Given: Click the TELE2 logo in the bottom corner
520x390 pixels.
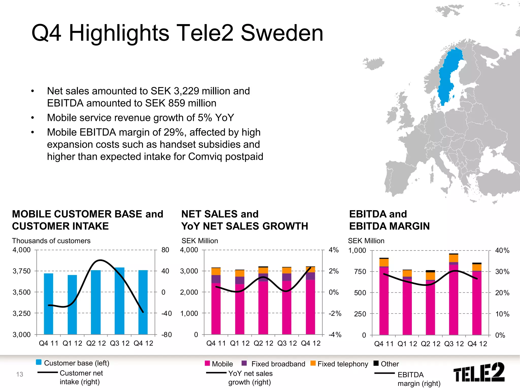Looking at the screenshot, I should (x=479, y=372).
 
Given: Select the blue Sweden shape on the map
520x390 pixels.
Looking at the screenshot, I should (x=448, y=76).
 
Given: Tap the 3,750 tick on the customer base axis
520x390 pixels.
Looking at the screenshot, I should (x=22, y=271).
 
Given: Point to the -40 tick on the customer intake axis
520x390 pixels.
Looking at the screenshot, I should (x=167, y=313).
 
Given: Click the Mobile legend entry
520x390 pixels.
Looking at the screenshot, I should (x=219, y=364).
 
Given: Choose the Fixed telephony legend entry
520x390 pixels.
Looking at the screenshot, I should (x=339, y=364).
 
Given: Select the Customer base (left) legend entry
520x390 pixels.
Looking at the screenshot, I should (x=73, y=363).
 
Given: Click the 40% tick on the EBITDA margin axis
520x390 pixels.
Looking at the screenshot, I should (x=502, y=251).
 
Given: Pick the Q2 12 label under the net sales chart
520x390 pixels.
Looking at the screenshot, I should (x=263, y=343).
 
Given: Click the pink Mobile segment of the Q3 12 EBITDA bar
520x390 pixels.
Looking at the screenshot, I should (x=453, y=300).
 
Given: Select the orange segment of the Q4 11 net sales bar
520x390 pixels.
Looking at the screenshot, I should (x=216, y=271).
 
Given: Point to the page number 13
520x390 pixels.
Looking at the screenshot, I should (x=20, y=374).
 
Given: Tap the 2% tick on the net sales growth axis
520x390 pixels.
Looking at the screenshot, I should (x=334, y=271).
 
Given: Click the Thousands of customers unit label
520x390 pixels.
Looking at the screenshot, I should (x=51, y=241).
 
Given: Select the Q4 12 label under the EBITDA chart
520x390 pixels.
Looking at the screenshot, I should (x=477, y=344).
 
